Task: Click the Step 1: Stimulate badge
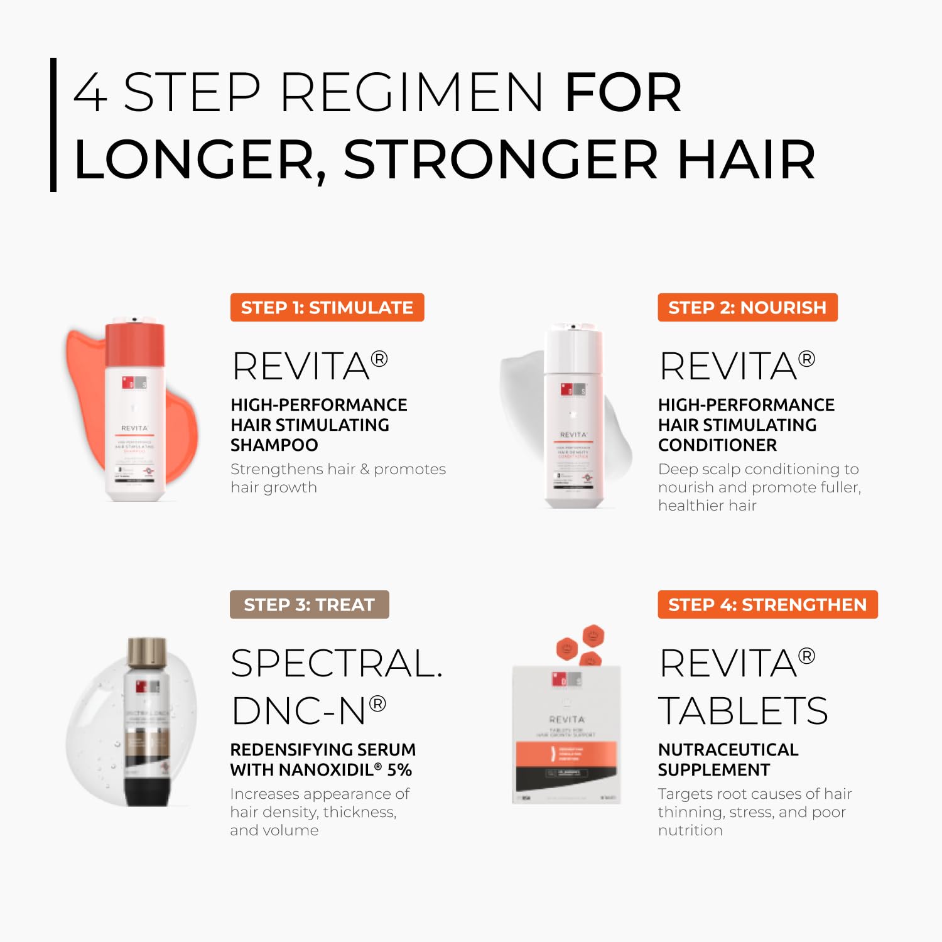coord(327,308)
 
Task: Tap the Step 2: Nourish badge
coord(747,308)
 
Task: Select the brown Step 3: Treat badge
coord(309,605)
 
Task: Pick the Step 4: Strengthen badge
coord(767,605)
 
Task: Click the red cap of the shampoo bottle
coord(135,344)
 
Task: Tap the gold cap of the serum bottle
coord(147,653)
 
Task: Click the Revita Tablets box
coord(566,735)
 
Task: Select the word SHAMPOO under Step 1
coord(274,445)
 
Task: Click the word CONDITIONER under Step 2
coord(717,445)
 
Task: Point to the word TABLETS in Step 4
coord(743,711)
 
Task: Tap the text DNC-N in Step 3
coord(299,711)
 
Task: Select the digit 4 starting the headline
coord(91,92)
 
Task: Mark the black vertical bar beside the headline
coord(53,125)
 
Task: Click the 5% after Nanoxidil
coord(399,770)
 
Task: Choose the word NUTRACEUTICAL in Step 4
coord(728,750)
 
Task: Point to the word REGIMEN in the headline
coord(411,92)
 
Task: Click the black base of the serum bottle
coord(147,790)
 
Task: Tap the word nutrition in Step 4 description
coord(690,830)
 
